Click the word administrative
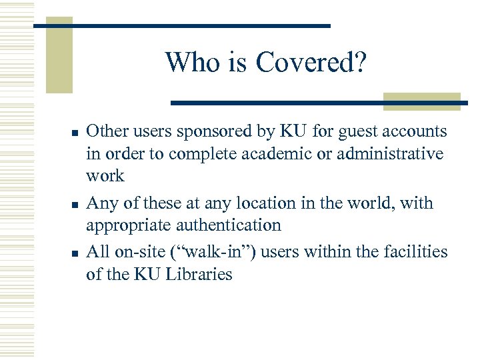click(394, 154)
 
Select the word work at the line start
click(105, 176)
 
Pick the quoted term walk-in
click(217, 251)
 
